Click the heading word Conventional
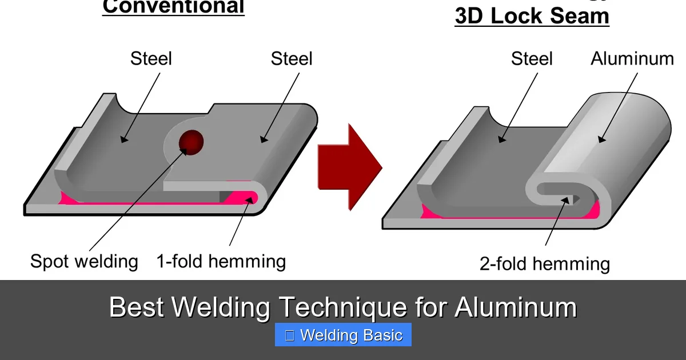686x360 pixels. coord(173,7)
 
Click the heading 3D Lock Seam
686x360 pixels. coord(532,15)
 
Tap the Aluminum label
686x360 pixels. coord(632,58)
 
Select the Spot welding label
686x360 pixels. coord(84,261)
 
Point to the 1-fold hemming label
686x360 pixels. coord(221,261)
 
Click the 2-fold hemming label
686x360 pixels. coord(544,263)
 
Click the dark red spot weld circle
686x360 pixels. coord(191,142)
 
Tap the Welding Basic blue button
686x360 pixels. coord(343,335)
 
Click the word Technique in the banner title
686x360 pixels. coord(343,308)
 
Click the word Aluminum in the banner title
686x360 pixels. coord(515,308)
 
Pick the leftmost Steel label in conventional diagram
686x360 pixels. coord(151,58)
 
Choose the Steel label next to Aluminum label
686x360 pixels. coord(532,58)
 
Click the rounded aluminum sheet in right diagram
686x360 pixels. coord(617,137)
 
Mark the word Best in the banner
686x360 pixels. coord(137,308)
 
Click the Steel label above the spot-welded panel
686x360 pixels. coord(292,58)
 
